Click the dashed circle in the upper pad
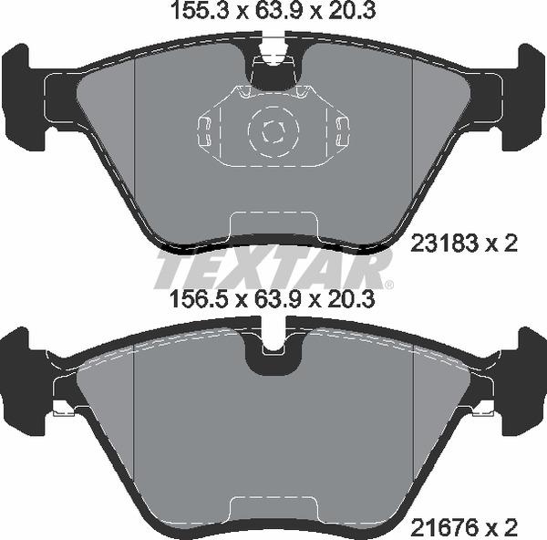coord(271,130)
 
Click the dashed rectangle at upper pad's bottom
coord(273,223)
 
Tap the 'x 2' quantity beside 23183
coord(503,244)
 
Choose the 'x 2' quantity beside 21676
coord(503,525)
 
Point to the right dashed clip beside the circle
coord(342,130)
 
